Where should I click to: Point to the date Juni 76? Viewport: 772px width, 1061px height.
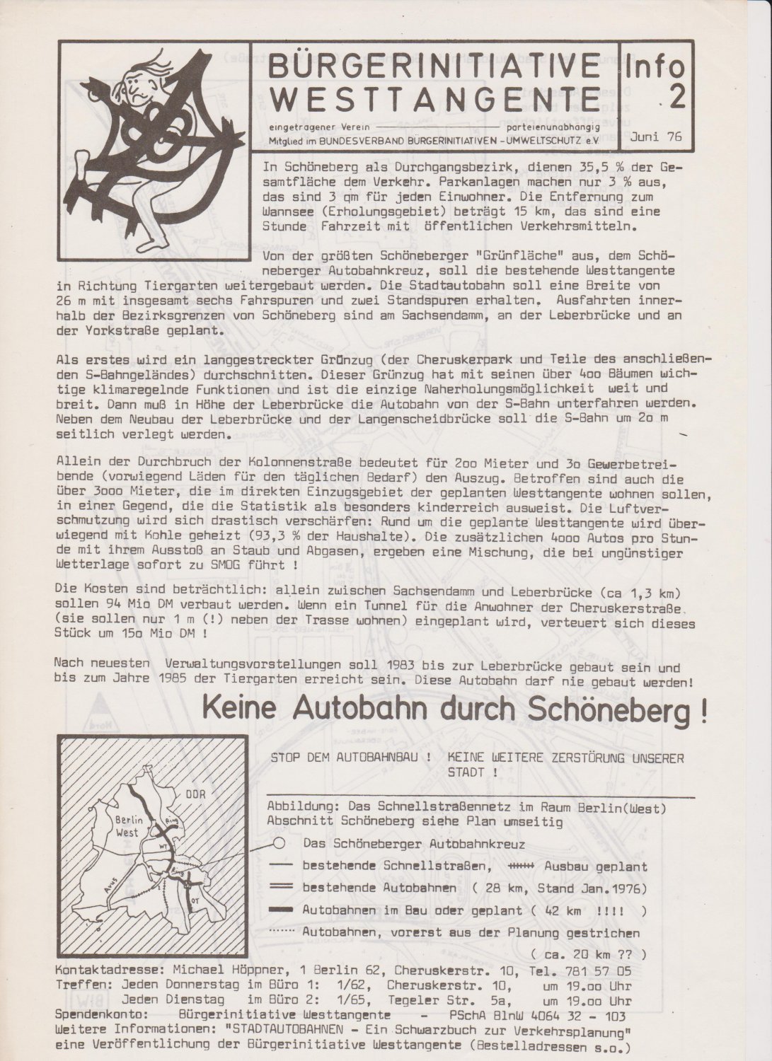tap(654, 137)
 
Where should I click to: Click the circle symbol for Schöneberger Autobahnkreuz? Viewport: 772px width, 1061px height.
tap(279, 843)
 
